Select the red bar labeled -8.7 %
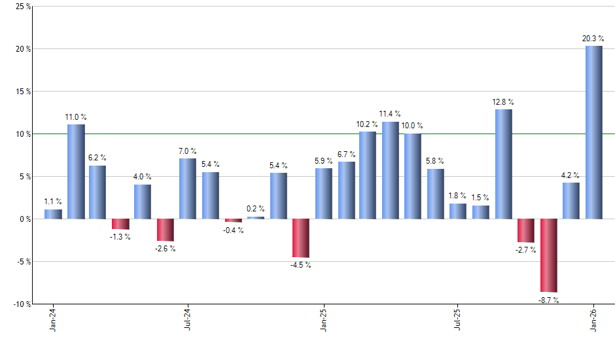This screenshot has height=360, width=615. pyautogui.click(x=548, y=255)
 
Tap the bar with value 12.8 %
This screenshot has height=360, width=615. pyautogui.click(x=503, y=164)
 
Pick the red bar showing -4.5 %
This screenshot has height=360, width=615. pyautogui.click(x=301, y=238)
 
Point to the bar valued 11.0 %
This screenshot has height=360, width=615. pyautogui.click(x=76, y=171)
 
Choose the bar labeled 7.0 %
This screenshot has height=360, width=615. pyautogui.click(x=188, y=189)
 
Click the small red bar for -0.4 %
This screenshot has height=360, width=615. pyautogui.click(x=234, y=221)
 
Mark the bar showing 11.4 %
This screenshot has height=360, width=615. pyautogui.click(x=391, y=170)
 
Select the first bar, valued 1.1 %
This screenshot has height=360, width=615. pyautogui.click(x=53, y=214)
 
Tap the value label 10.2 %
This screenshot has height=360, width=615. pyautogui.click(x=367, y=123)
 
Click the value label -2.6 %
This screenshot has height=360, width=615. pyautogui.click(x=166, y=249)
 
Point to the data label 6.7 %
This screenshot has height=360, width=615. pyautogui.click(x=346, y=154)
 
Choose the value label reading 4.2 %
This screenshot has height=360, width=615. pyautogui.click(x=571, y=175)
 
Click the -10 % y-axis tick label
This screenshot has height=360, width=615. pyautogui.click(x=21, y=304)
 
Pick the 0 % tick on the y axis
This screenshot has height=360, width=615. pyautogui.click(x=24, y=219)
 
